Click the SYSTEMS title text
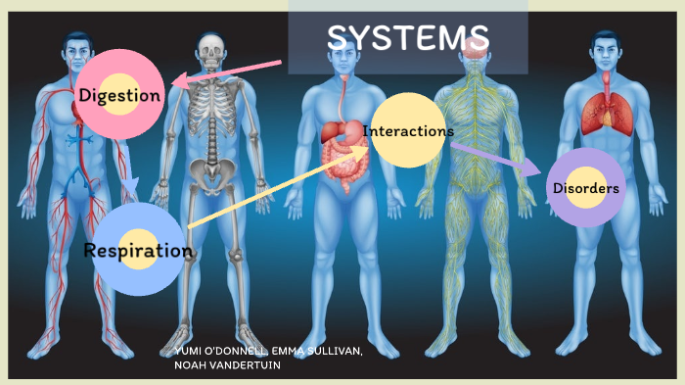(408, 38)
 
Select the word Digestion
(119, 95)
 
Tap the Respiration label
(138, 250)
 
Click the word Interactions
(408, 130)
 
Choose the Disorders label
(585, 188)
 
